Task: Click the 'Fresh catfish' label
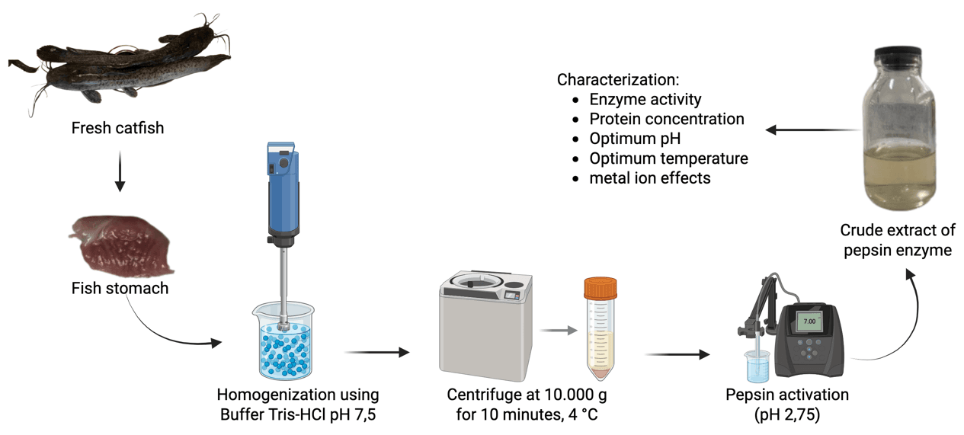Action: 117,128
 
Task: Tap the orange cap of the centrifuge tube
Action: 600,288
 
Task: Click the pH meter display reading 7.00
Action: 809,323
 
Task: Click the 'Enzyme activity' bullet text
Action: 645,100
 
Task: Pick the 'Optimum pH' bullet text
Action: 635,139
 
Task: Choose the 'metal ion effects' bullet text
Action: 650,178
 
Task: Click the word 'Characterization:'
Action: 618,79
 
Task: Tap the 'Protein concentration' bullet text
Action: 667,120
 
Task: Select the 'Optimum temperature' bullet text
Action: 668,158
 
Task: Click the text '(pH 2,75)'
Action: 788,416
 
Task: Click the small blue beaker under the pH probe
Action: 757,369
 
